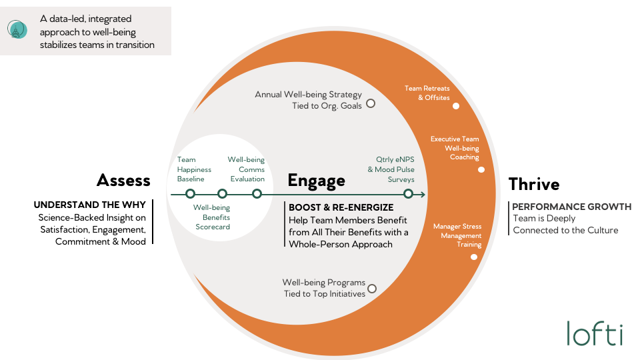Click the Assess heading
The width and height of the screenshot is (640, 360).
point(123,180)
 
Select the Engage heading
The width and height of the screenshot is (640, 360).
point(316,180)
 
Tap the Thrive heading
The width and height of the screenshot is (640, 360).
point(533,183)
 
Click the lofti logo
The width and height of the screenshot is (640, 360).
point(595,333)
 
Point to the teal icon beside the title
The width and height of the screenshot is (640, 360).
point(17,30)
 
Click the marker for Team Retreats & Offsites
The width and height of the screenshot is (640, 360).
point(456,106)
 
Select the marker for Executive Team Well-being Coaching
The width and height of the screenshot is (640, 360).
point(481,170)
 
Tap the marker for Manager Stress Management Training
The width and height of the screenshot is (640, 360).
point(474,257)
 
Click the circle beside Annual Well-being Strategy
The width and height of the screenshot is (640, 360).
point(371,103)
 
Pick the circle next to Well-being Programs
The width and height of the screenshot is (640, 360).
point(372,289)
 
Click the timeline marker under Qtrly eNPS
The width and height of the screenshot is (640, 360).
point(408,194)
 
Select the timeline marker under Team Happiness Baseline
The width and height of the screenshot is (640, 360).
point(190,194)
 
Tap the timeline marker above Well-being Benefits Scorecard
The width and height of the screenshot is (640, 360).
point(223,194)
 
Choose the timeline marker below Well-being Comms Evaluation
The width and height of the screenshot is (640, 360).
point(257,194)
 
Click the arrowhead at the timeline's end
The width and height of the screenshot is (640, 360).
point(423,194)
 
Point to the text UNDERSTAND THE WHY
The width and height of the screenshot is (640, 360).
point(89,205)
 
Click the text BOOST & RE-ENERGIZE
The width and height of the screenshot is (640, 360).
point(341,207)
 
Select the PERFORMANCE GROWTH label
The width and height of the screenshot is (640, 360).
point(571,207)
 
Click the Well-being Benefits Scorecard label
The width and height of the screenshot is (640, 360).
point(212,217)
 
